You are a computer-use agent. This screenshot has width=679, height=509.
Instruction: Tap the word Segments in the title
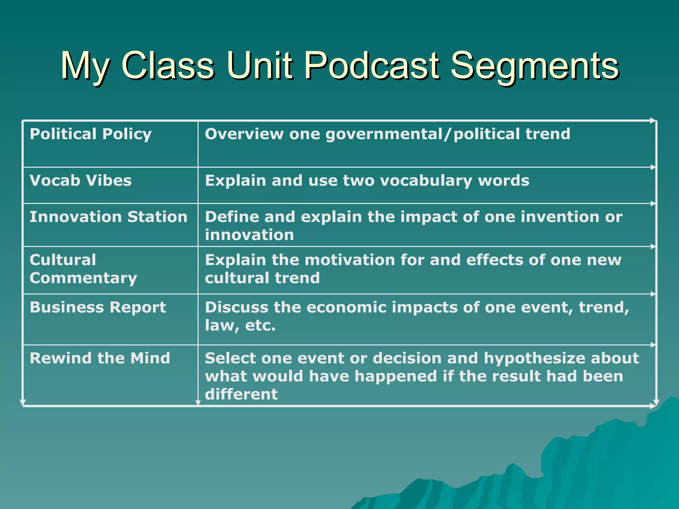click(x=534, y=66)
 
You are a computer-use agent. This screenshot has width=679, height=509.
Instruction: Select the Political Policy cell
click(x=91, y=134)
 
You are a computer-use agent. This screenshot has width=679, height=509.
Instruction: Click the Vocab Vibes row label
click(x=81, y=181)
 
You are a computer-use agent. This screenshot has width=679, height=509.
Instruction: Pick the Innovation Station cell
click(x=108, y=217)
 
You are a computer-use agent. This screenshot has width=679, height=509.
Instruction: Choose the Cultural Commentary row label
click(x=83, y=269)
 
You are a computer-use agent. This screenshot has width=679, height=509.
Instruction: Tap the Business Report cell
click(x=98, y=307)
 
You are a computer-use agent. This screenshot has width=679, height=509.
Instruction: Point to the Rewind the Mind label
click(x=100, y=358)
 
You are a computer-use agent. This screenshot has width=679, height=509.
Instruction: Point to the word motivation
click(x=350, y=260)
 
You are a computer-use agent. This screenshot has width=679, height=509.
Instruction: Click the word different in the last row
click(x=241, y=394)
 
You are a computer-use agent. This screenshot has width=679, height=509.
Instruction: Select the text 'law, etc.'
click(x=240, y=325)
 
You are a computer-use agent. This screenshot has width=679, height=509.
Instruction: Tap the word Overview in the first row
click(x=244, y=134)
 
